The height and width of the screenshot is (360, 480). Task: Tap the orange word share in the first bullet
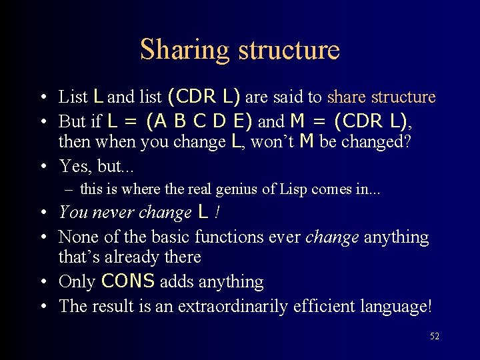pyautogui.click(x=347, y=97)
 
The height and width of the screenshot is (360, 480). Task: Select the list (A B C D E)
pyautogui.click(x=199, y=121)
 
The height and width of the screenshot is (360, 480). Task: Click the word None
pyautogui.click(x=78, y=237)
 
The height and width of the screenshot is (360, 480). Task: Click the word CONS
pyautogui.click(x=127, y=281)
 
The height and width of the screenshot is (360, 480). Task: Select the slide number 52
pyautogui.click(x=434, y=337)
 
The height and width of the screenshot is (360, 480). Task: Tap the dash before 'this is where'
pyautogui.click(x=69, y=189)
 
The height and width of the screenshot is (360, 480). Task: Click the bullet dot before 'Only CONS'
pyautogui.click(x=43, y=281)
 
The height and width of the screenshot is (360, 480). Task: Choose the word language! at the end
pyautogui.click(x=401, y=306)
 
